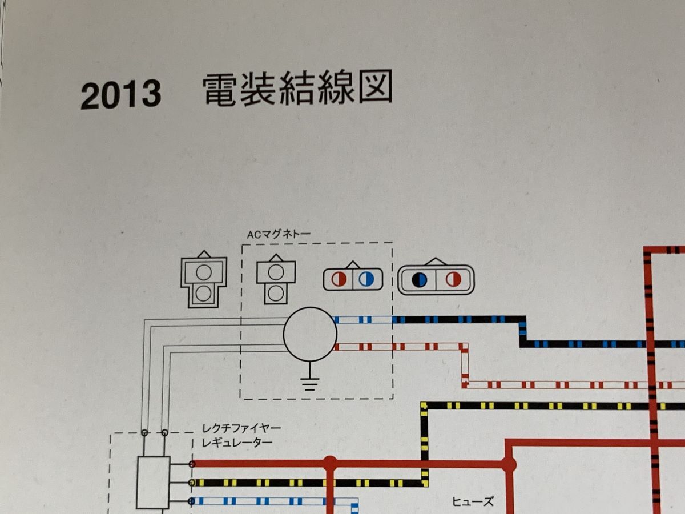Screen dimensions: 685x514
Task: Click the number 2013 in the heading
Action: coord(120,95)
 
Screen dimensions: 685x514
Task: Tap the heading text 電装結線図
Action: coord(297,91)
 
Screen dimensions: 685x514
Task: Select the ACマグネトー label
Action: coord(277,234)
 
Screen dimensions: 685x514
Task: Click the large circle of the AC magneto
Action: coord(310,334)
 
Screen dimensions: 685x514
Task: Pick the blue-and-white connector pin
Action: coord(368,279)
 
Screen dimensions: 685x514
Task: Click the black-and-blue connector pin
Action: coord(420,279)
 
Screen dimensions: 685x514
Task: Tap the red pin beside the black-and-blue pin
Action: coord(454,279)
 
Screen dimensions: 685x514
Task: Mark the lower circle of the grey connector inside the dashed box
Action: coord(276,294)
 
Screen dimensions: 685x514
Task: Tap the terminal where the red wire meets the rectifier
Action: coord(192,464)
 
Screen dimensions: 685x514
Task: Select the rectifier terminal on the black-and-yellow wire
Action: coord(192,483)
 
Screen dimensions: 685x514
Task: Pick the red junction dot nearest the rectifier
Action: coord(329,464)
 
